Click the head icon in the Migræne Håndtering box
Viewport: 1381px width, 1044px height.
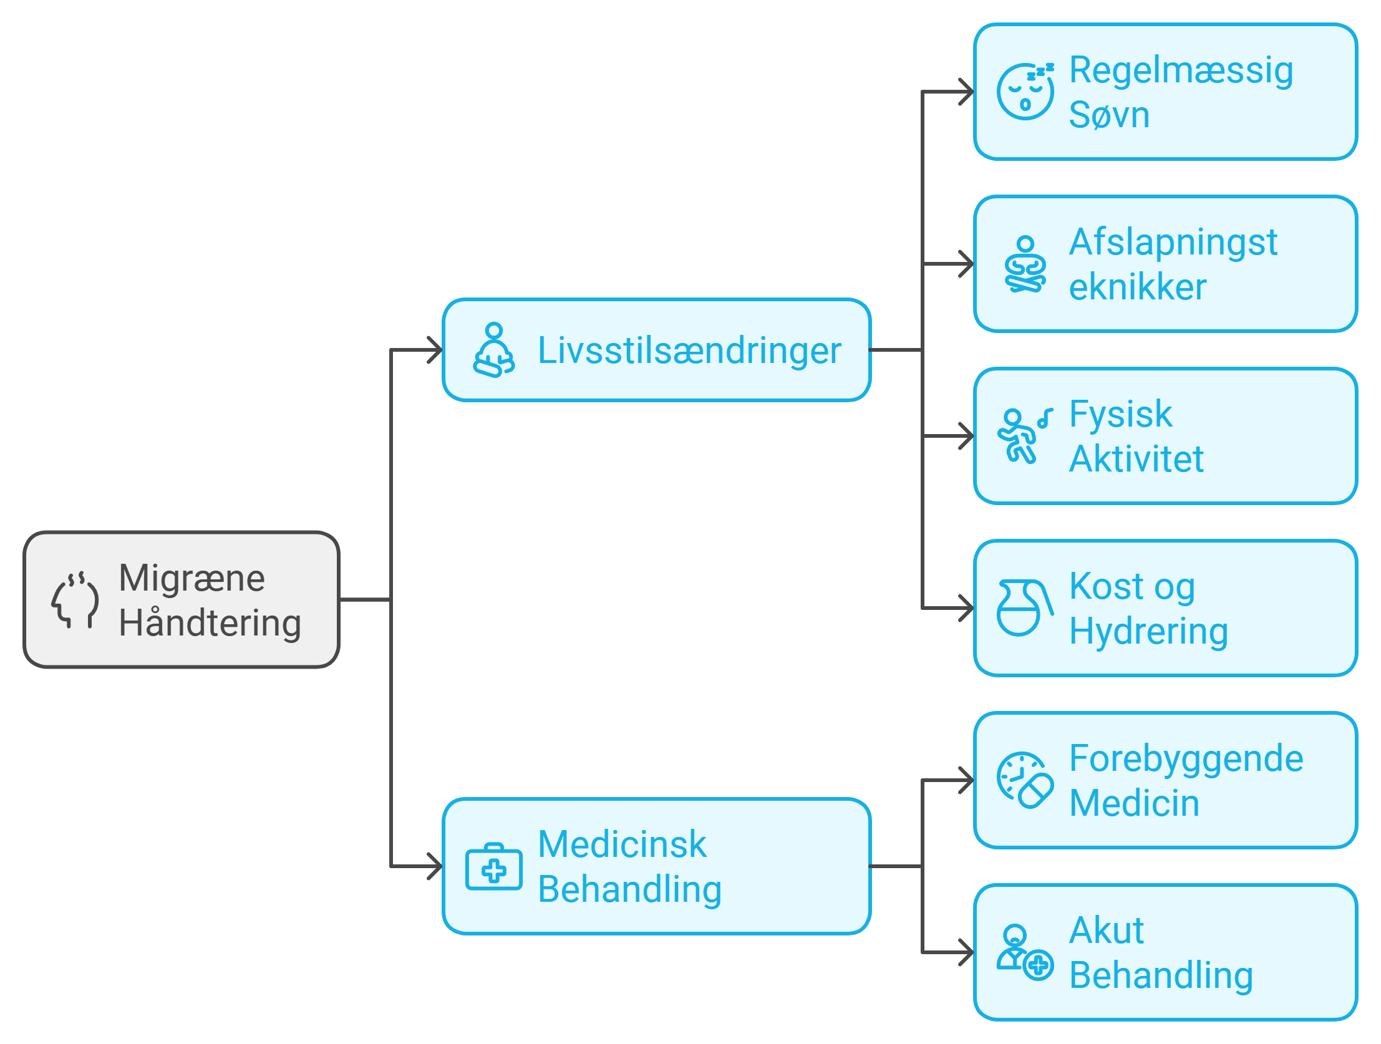click(75, 600)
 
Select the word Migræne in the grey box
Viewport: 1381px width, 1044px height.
click(191, 578)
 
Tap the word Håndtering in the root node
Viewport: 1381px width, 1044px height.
click(210, 623)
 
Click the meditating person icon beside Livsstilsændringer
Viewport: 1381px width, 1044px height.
click(494, 350)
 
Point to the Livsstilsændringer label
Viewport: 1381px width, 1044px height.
click(689, 350)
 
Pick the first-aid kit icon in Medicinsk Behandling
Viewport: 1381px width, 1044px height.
click(494, 868)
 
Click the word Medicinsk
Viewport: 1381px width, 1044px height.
click(622, 845)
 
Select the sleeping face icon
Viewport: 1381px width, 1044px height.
click(1025, 91)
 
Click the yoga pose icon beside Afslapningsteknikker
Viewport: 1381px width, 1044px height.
click(1025, 264)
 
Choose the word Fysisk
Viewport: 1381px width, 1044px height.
click(1121, 414)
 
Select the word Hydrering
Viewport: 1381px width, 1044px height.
click(1149, 631)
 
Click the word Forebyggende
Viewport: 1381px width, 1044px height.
click(1186, 758)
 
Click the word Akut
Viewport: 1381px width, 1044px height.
click(1107, 931)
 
